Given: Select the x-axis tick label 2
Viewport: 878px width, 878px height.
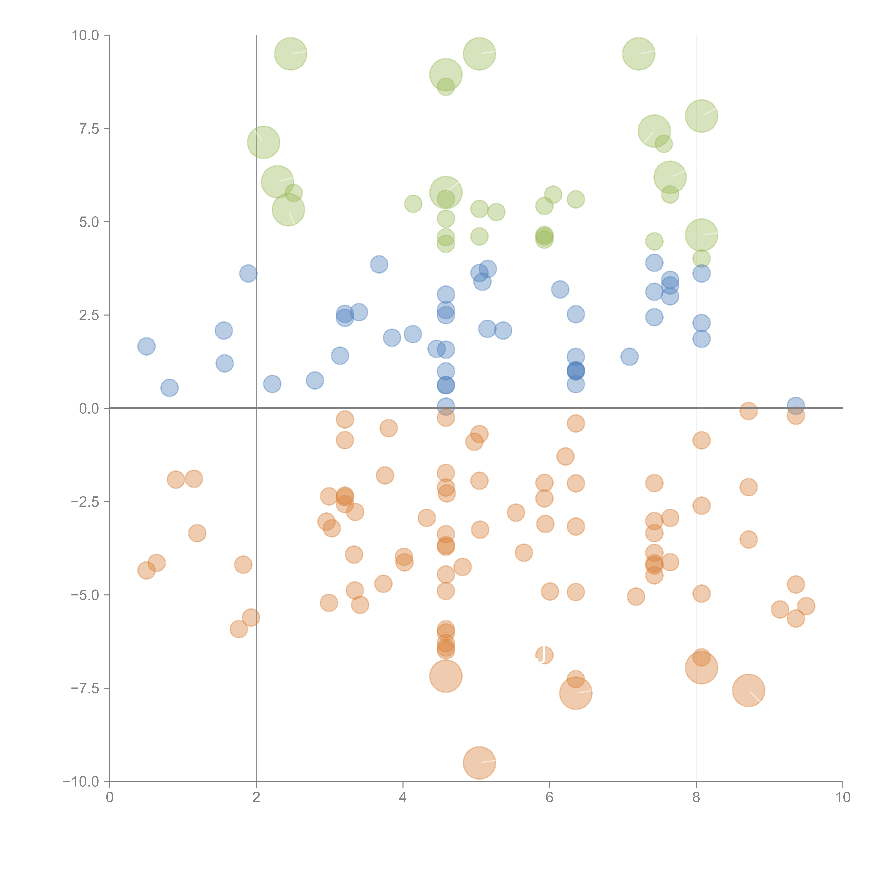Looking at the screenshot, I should [256, 798].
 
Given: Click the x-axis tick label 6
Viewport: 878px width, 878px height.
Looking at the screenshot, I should [549, 798].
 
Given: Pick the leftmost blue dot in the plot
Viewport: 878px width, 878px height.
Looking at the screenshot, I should [146, 346].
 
